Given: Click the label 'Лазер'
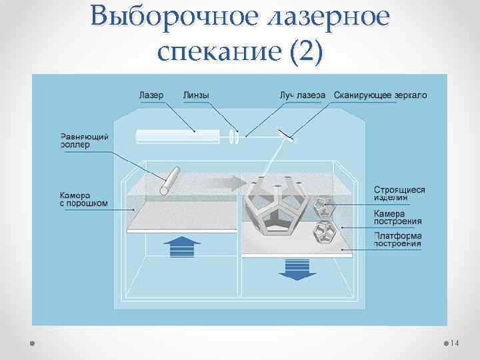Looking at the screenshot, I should pos(151,95).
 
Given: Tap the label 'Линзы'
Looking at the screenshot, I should pos(195,95).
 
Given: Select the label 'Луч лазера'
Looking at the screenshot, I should pos(302,95).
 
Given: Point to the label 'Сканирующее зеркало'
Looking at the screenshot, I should pos(380,95).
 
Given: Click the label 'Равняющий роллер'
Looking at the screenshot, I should pos(85,141).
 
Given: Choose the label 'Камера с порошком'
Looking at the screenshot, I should pos(84,199).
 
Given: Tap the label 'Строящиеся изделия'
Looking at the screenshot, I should pos(399,193).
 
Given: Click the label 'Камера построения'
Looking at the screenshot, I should pos(397,217).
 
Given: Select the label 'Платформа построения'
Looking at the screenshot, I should pos(397,239).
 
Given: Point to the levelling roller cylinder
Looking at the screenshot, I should pos(170,180).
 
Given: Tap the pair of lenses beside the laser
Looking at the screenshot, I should pos(234,136).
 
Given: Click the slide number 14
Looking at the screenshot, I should pos(455,343).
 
